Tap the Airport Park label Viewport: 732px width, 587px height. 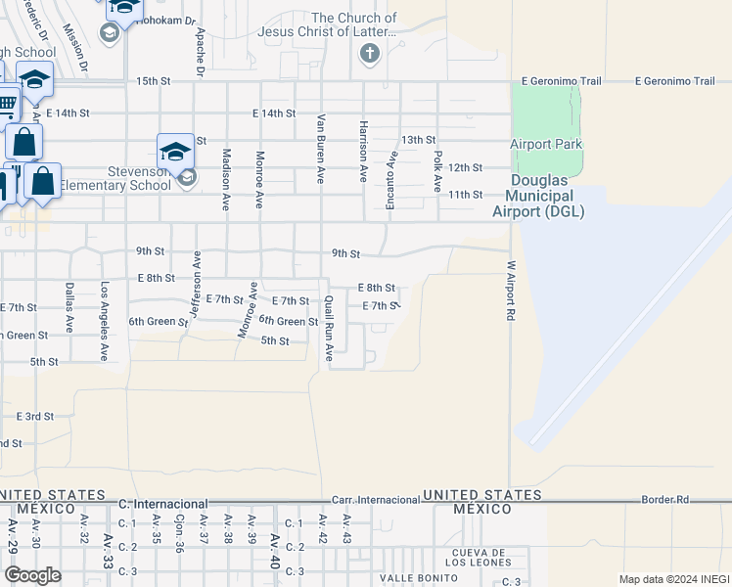[x=546, y=145]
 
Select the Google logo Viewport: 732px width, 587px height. [x=33, y=575]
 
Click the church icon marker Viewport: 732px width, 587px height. [x=369, y=53]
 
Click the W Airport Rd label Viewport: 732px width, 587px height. [x=511, y=292]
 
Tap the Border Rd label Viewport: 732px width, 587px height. [x=667, y=500]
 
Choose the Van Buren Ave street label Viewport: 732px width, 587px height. [x=320, y=149]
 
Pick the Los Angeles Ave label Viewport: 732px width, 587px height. [x=104, y=321]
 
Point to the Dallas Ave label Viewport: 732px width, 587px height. [x=69, y=307]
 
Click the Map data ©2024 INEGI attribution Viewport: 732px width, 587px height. [x=673, y=578]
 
